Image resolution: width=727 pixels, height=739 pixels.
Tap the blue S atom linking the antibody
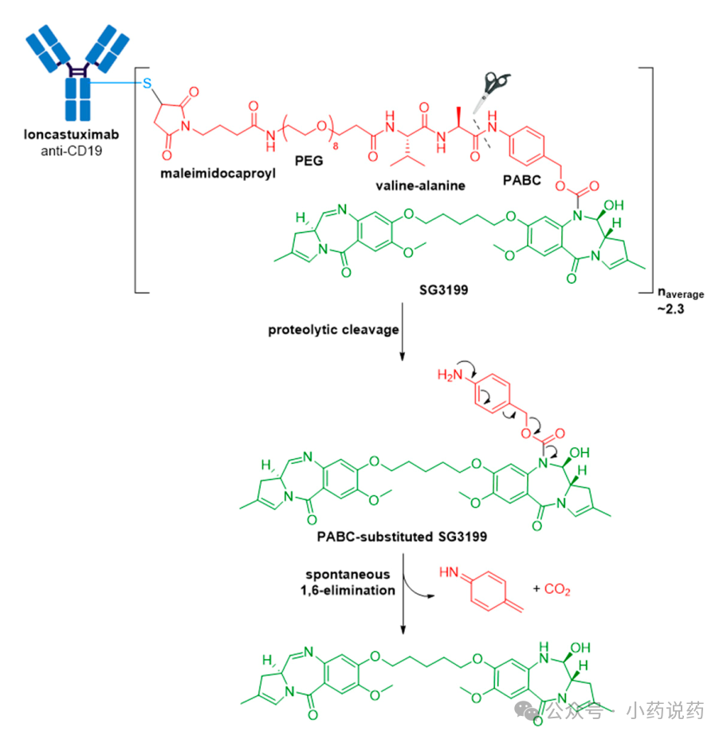click(x=147, y=84)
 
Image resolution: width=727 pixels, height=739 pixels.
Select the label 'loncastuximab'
click(x=72, y=135)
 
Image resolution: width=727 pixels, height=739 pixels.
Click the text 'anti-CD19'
click(x=72, y=151)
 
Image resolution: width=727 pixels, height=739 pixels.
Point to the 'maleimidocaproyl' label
click(x=218, y=174)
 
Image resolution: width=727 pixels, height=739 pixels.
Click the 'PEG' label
click(x=309, y=161)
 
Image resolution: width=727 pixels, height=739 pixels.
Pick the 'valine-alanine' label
click(x=420, y=186)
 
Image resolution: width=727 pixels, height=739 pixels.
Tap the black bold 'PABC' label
click(x=521, y=180)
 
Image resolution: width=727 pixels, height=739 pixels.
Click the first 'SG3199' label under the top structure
click(x=444, y=290)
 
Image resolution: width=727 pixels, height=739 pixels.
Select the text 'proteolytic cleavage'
click(x=333, y=330)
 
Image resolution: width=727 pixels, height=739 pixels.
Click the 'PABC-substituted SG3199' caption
click(x=402, y=537)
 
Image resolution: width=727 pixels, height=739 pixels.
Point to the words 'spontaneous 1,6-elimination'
click(x=348, y=583)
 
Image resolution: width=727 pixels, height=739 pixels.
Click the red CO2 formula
click(x=557, y=589)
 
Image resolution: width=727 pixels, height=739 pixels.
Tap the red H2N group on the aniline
click(x=450, y=375)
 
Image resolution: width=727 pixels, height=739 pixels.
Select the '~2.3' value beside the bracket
click(x=671, y=309)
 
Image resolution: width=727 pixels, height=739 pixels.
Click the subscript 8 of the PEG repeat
click(x=336, y=147)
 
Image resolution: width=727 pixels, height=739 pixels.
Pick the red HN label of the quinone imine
click(x=449, y=572)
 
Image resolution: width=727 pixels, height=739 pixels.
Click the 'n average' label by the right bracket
click(x=681, y=293)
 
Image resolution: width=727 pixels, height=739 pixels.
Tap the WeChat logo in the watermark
click(x=527, y=710)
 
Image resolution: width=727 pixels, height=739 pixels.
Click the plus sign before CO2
click(x=536, y=588)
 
